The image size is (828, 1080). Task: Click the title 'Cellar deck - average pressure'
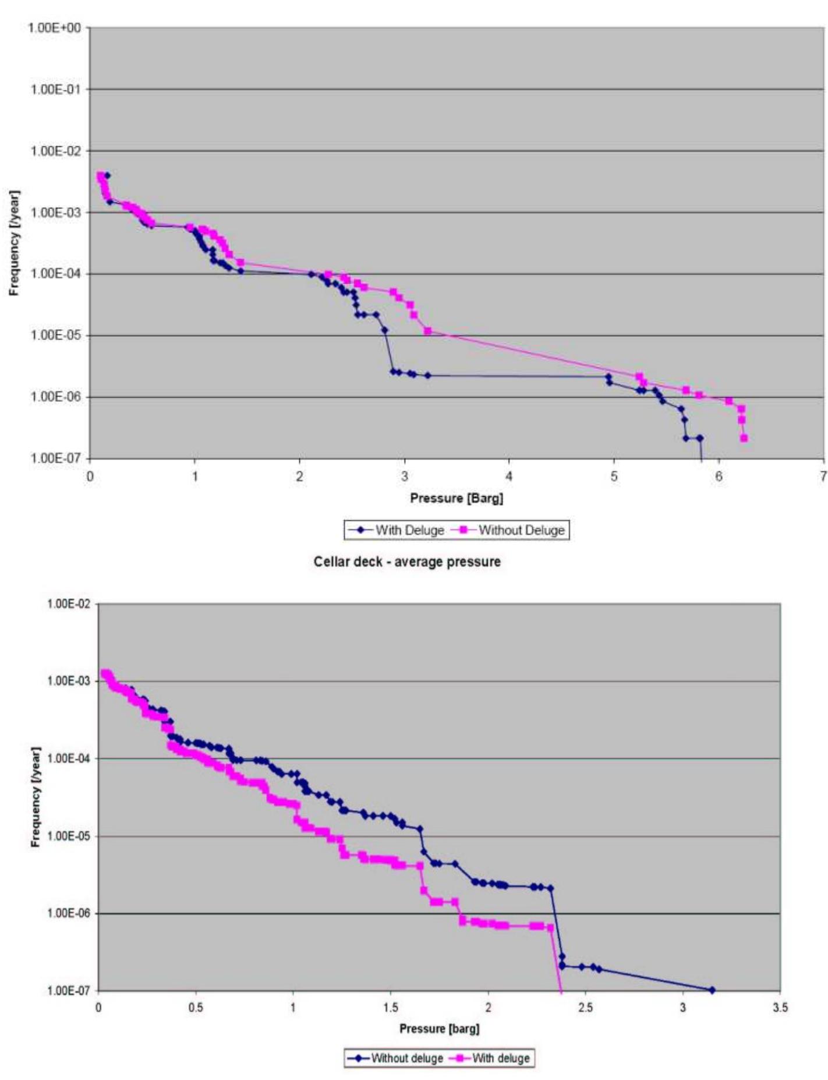point(407,562)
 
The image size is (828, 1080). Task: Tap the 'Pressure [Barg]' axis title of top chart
point(457,498)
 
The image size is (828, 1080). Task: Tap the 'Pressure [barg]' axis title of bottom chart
point(439,1029)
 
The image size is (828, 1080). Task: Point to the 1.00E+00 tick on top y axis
point(54,28)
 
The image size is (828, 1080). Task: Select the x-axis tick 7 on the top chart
point(823,476)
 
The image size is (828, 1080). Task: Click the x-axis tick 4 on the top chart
point(509,476)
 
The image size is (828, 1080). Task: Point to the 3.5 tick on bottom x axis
point(780,1007)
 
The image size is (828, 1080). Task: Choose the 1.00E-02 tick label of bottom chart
point(69,603)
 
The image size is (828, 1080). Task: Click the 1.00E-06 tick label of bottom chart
point(69,913)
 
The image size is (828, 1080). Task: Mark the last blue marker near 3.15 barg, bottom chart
point(712,990)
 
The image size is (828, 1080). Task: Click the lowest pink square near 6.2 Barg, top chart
point(744,438)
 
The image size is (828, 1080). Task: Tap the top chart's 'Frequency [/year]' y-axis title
point(14,243)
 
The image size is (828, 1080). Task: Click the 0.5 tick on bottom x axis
point(196,1007)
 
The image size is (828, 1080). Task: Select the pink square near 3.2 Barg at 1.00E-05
point(427,331)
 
